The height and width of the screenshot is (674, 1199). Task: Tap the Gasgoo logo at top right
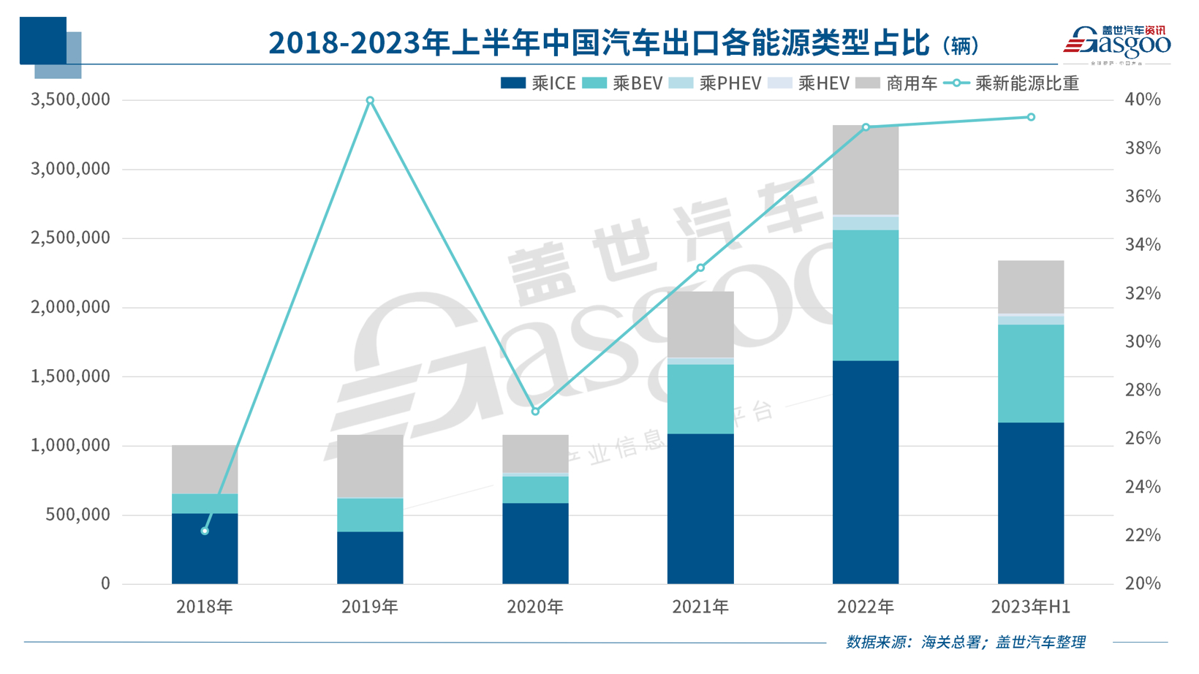(x=1116, y=44)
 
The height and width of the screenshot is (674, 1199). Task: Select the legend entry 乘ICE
(x=538, y=83)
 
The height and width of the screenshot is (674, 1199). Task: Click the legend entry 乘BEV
(x=622, y=83)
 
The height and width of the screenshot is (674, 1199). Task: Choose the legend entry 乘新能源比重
(x=1012, y=83)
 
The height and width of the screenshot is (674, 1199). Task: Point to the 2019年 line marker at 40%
(x=370, y=100)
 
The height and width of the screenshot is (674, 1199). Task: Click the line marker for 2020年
(x=535, y=412)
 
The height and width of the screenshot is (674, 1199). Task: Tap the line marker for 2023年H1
(x=1031, y=117)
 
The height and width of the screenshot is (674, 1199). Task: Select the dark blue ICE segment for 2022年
(x=866, y=472)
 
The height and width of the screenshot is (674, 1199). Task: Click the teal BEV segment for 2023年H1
(x=1031, y=373)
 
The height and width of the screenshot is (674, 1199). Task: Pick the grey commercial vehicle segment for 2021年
(x=700, y=325)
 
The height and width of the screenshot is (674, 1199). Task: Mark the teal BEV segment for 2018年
(x=205, y=504)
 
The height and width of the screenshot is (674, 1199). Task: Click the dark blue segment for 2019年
(x=370, y=557)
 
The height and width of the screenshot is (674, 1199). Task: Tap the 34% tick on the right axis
(x=1142, y=245)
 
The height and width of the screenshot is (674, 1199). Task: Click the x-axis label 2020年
(x=535, y=607)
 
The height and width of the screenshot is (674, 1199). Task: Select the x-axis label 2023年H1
(x=1031, y=607)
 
